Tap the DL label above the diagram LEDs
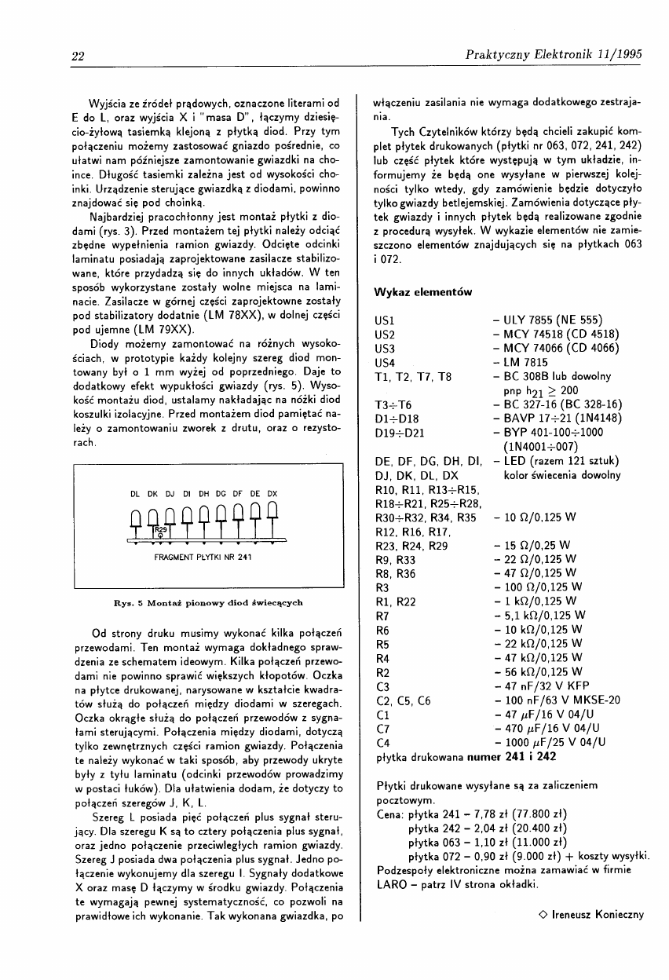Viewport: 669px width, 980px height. pos(135,494)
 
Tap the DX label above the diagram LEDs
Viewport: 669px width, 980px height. pos(273,494)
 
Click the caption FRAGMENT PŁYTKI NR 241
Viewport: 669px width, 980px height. pos(203,558)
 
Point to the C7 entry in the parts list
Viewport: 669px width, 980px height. pos(385,728)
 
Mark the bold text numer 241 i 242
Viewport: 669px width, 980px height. pos(511,756)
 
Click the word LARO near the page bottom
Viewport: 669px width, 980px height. pos(392,884)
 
